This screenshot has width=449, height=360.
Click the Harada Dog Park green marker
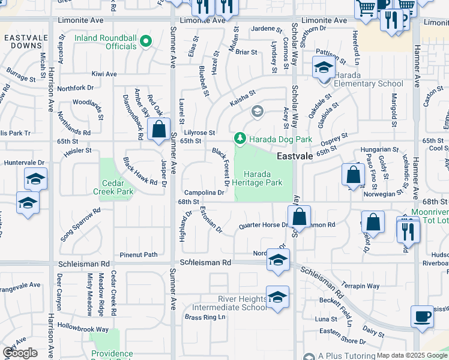click(x=240, y=139)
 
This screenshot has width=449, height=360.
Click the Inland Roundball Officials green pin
click(x=145, y=41)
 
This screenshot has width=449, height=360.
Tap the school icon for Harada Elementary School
click(x=323, y=68)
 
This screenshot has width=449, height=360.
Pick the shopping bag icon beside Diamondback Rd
click(x=158, y=130)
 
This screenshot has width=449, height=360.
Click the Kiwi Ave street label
click(x=104, y=74)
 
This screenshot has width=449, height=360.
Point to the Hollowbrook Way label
click(x=83, y=329)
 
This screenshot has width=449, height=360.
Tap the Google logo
click(x=20, y=353)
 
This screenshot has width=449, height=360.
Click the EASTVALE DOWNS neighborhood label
click(x=23, y=41)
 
